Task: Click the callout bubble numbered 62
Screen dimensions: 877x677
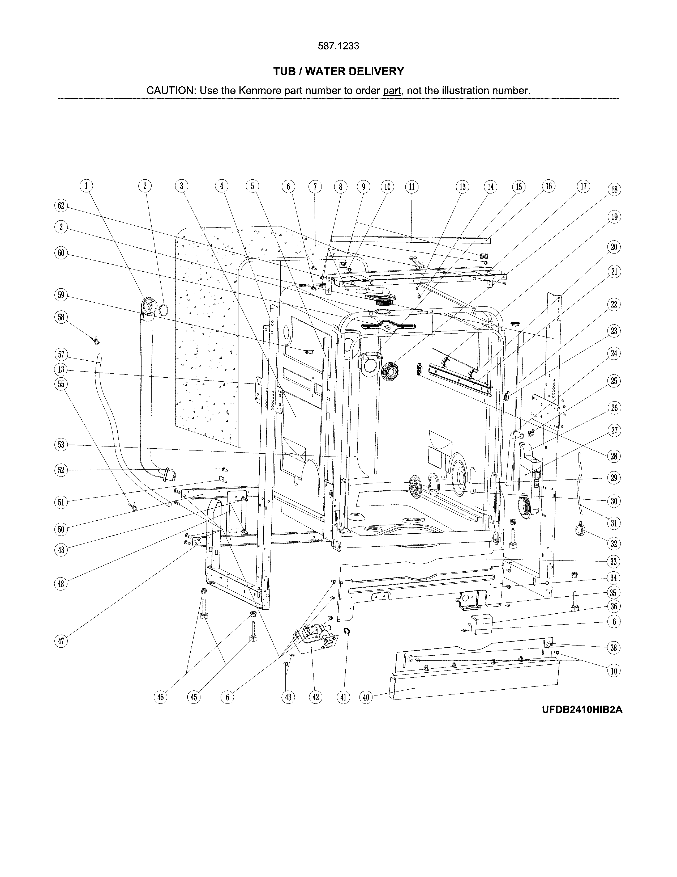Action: (x=61, y=206)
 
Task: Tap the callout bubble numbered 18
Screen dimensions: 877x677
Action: (x=614, y=189)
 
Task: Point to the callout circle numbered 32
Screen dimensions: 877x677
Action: (x=614, y=544)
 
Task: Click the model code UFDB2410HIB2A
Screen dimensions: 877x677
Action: (x=582, y=721)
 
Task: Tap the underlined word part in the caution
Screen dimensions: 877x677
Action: (x=392, y=91)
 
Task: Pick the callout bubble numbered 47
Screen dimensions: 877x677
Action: (x=61, y=641)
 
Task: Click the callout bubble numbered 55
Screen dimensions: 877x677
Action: (x=61, y=384)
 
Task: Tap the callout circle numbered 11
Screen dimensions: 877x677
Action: (x=412, y=187)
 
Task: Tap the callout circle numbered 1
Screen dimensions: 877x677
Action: (x=86, y=186)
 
